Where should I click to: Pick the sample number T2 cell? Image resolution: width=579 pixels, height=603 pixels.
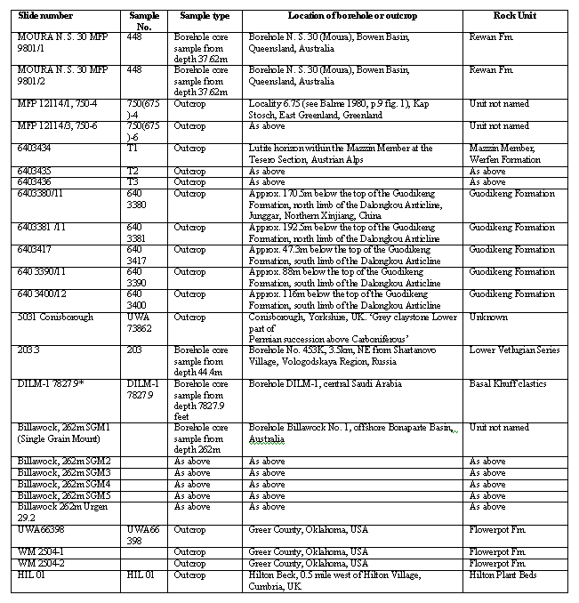pos(133,171)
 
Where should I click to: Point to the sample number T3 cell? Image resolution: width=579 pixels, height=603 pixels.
pos(133,182)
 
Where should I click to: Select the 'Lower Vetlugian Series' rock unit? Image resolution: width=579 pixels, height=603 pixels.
pos(515,350)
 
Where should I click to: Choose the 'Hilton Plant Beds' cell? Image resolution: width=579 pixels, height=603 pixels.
pos(506,575)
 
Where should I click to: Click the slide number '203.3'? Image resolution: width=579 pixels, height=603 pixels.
pos(28,350)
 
